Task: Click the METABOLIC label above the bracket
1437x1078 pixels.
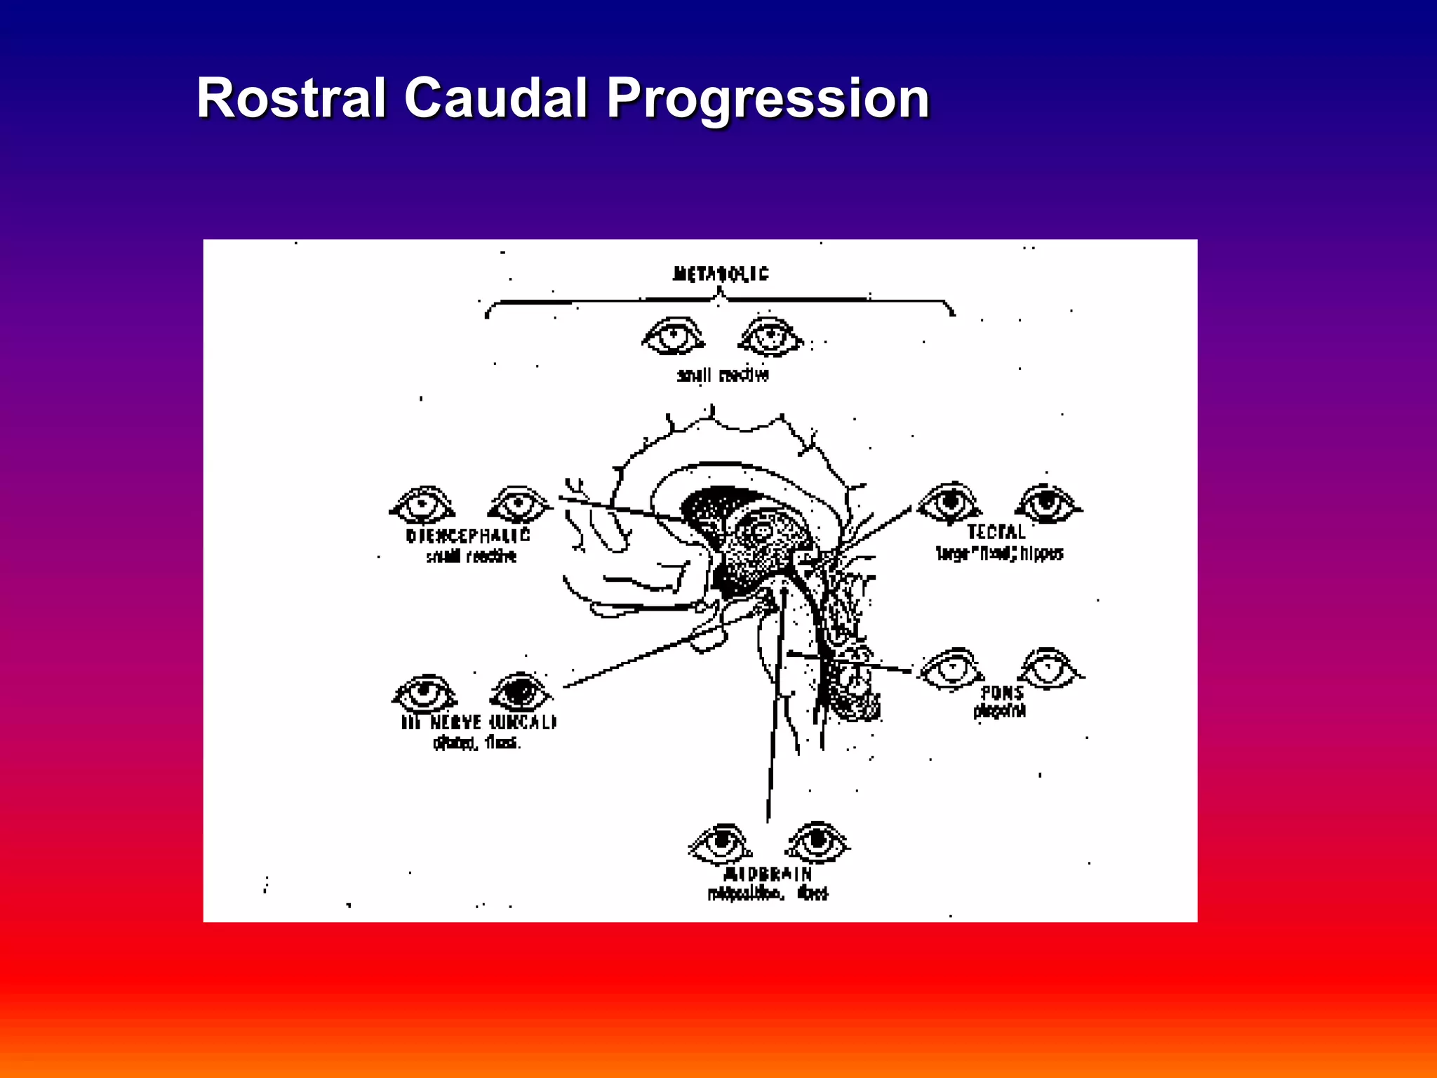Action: coord(721,274)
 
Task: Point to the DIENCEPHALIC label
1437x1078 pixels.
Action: coord(468,536)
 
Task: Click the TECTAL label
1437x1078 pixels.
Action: coord(996,532)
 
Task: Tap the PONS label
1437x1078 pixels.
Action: coord(1002,693)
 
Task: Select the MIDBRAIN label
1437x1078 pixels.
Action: coord(768,874)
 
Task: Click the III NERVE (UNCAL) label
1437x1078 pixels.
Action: coord(479,722)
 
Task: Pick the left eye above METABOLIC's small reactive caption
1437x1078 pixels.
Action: coord(673,335)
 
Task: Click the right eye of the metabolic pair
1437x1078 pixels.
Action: coord(770,337)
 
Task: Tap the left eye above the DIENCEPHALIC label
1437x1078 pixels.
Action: coord(422,505)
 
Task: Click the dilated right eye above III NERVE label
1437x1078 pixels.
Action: coord(521,691)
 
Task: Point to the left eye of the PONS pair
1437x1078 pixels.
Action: coord(951,668)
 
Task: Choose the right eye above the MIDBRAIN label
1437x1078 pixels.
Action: coord(817,841)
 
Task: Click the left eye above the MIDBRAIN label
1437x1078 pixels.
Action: coord(721,843)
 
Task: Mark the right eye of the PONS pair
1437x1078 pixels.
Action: coord(1049,667)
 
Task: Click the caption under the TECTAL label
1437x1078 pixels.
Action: coord(999,554)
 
